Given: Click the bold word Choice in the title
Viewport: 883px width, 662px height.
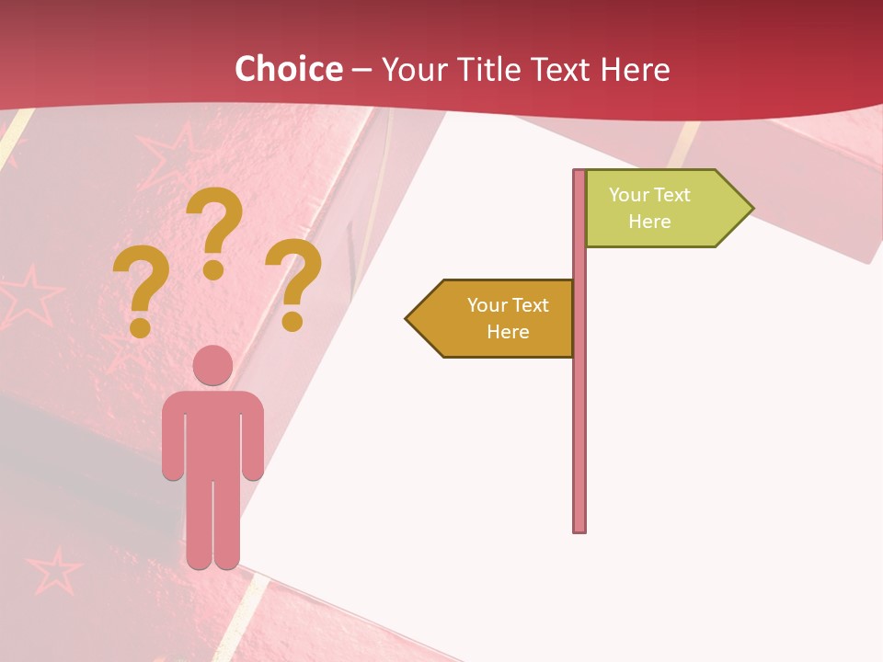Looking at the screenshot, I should click(288, 70).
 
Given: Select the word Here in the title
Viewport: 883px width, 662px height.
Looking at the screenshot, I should click(635, 70).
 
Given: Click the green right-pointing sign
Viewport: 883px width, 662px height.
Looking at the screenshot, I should click(662, 209).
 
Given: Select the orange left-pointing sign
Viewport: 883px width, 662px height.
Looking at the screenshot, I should click(497, 318).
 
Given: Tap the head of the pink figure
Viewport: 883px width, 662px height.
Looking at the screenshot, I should click(213, 366).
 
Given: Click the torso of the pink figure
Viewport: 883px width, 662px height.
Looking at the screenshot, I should click(213, 432).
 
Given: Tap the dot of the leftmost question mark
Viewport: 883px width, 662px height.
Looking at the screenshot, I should click(141, 326).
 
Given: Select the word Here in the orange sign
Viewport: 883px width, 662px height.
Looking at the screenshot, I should click(508, 332).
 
